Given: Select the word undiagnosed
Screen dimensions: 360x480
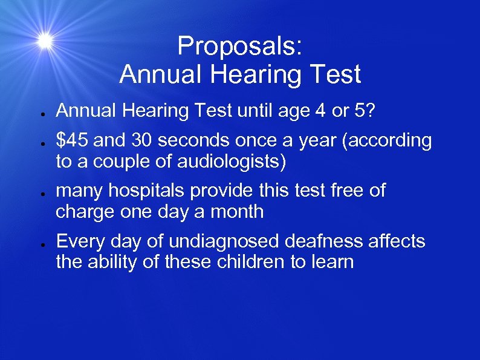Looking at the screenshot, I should tap(218, 242).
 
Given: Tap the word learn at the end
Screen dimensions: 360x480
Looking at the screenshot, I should tap(331, 263).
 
